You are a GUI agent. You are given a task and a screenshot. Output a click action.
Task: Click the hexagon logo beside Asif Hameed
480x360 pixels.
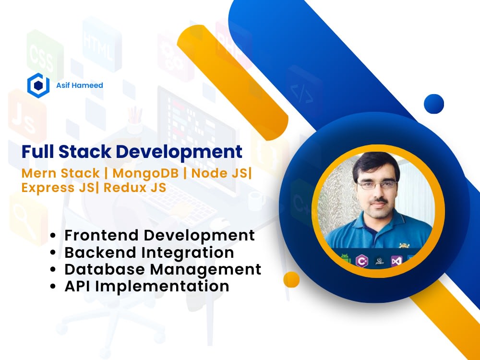[x=38, y=85]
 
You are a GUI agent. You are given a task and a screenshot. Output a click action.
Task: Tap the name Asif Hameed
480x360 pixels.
[x=80, y=85]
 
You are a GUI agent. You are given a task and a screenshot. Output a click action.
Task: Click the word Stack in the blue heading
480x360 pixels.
[x=84, y=152]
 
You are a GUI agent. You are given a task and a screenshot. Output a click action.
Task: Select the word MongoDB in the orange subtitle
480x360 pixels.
[x=145, y=173]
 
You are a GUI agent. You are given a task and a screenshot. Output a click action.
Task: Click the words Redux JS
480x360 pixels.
[x=135, y=187]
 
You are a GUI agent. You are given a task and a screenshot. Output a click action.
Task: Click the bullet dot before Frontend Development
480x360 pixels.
[x=53, y=235]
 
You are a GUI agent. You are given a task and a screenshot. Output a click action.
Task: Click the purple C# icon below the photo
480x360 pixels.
[x=362, y=261]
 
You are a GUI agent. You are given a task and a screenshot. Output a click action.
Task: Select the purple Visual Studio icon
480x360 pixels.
[x=396, y=261]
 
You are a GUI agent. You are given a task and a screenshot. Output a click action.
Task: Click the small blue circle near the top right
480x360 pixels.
[x=434, y=104]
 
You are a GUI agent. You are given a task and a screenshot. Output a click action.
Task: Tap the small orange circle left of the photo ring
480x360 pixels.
[x=291, y=279]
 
